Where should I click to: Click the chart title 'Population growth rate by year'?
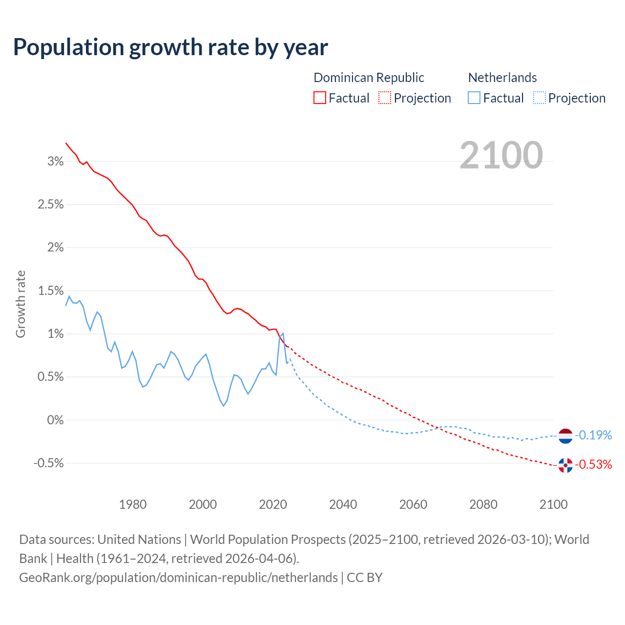pos(170,47)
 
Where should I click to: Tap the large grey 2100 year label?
pos(501,155)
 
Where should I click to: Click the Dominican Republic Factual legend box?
pos(319,98)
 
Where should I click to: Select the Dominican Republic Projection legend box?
pos(385,98)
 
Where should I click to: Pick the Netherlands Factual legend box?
pos(474,98)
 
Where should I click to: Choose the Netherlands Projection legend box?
pos(539,98)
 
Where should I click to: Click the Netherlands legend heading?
pos(502,78)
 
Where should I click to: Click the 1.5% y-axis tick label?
pos(51,291)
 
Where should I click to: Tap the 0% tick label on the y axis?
pos(56,420)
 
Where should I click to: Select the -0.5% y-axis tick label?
pos(48,463)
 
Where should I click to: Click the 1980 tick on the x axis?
pos(133,504)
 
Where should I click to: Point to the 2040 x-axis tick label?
pos(343,504)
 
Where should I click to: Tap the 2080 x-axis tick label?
pos(483,504)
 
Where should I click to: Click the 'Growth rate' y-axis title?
pos(21,304)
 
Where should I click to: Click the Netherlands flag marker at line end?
pos(565,436)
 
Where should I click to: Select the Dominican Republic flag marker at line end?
pos(565,465)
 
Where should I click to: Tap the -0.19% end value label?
pos(593,435)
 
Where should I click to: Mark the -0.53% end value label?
pos(593,464)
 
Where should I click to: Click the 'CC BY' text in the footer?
pos(364,578)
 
